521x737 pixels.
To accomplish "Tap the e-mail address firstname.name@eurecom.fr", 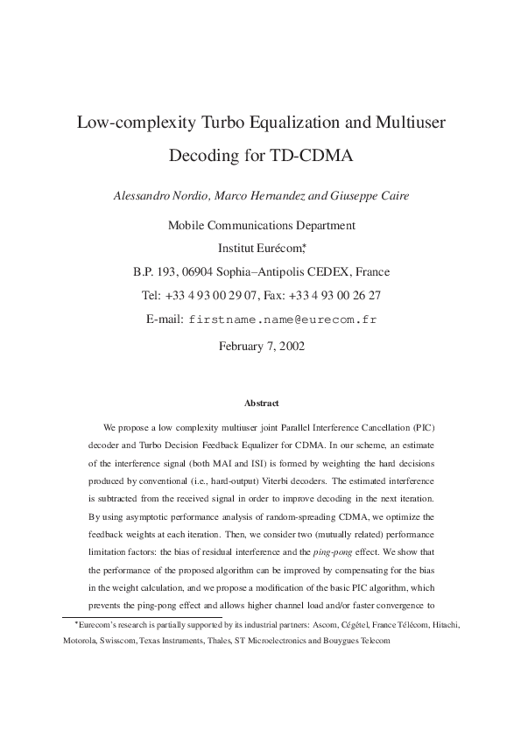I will coord(283,319).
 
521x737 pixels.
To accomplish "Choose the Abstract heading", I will coord(261,404).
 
